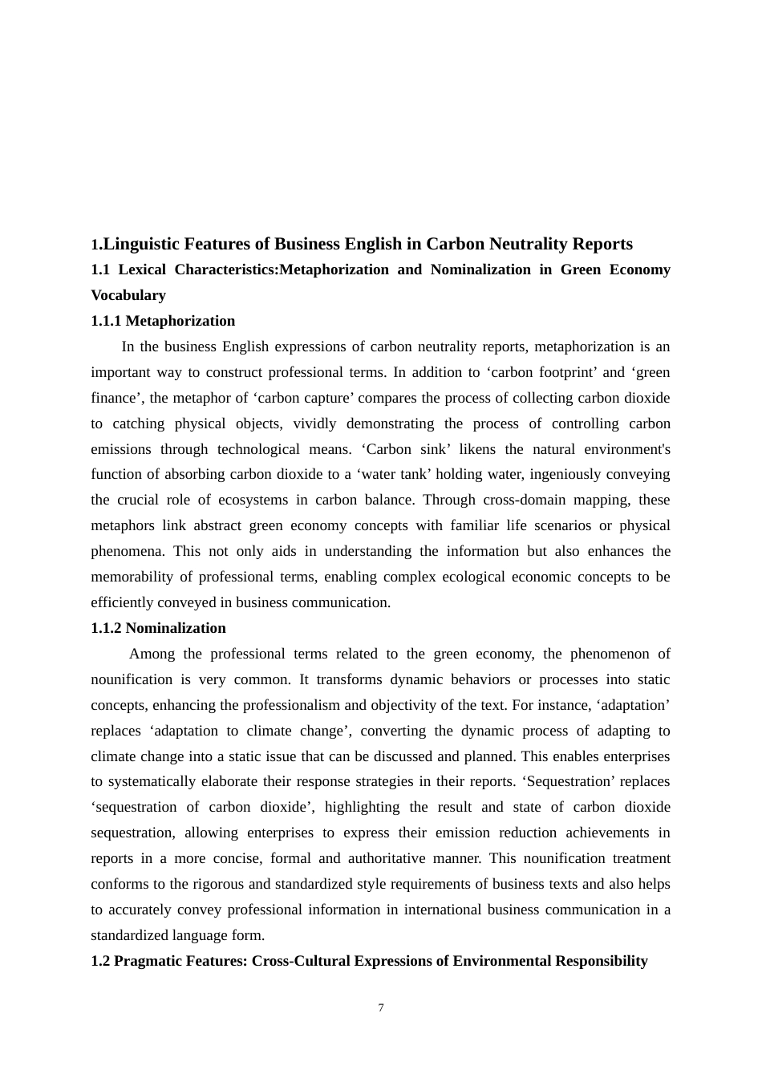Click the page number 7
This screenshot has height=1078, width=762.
(x=381, y=1008)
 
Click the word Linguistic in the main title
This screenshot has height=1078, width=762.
(x=141, y=244)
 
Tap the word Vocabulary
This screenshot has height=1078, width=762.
(x=128, y=295)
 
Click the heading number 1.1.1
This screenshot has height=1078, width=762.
(x=106, y=321)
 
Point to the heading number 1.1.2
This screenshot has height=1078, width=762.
(x=106, y=628)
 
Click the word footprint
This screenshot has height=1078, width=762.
(x=565, y=372)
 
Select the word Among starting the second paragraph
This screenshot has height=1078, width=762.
(x=152, y=654)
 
